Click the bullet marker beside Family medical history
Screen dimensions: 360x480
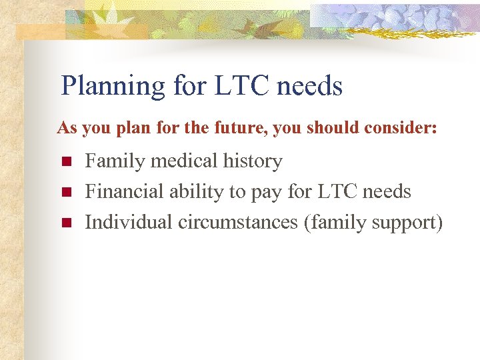point(65,161)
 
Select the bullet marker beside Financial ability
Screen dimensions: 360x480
point(65,192)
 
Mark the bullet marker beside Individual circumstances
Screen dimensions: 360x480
point(65,223)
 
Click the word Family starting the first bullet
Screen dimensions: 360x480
point(114,161)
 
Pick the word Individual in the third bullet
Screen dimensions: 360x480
point(129,223)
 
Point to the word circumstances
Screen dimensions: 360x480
point(237,223)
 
